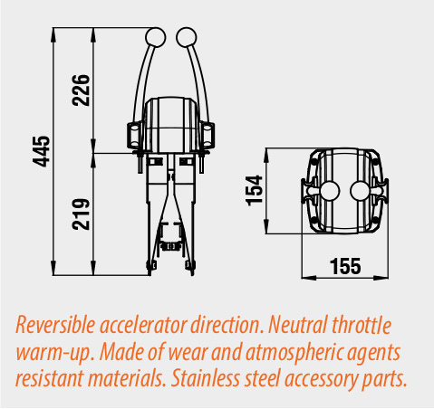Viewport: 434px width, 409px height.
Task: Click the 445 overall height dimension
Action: (x=41, y=151)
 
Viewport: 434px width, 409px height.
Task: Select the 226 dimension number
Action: (x=81, y=90)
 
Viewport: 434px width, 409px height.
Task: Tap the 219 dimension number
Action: (x=81, y=214)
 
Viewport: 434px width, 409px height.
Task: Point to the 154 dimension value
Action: (x=254, y=191)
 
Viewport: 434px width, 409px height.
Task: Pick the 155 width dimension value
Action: (x=345, y=266)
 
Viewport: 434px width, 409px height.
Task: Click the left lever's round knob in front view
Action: (x=155, y=37)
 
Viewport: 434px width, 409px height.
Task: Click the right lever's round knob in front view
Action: (x=187, y=37)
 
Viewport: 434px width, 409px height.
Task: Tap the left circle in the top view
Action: (x=330, y=191)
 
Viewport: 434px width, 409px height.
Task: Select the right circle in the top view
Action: (x=360, y=191)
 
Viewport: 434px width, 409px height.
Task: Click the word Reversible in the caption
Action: (x=55, y=326)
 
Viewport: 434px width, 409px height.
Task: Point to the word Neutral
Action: (x=298, y=325)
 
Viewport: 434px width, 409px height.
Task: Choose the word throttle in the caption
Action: (x=362, y=325)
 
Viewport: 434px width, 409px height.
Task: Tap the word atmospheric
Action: (x=294, y=353)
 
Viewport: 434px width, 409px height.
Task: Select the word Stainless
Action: (x=206, y=378)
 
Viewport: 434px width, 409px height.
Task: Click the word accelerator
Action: (x=143, y=326)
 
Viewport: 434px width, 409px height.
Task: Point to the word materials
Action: (x=127, y=378)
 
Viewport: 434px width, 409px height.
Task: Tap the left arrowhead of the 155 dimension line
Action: (x=309, y=278)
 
